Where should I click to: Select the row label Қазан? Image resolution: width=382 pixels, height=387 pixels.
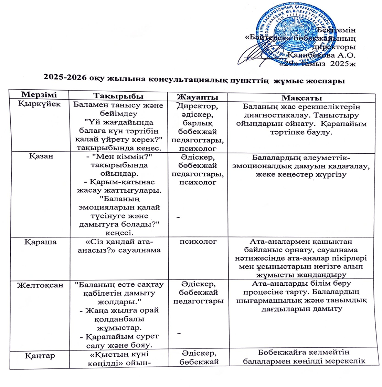[39, 156]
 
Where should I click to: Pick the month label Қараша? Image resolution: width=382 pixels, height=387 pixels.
[39, 242]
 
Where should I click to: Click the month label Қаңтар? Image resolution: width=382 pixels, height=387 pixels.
[40, 355]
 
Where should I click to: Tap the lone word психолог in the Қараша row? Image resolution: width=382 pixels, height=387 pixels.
[198, 242]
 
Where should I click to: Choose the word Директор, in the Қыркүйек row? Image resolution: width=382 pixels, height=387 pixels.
[198, 106]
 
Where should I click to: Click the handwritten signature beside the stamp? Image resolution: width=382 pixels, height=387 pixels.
[256, 55]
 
